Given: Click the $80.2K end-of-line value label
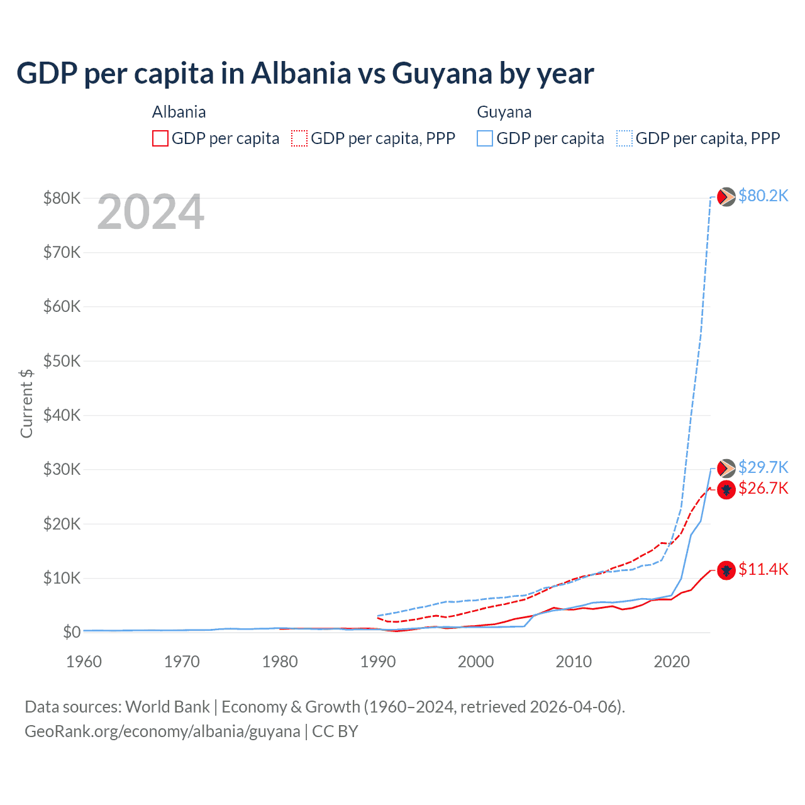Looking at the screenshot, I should pos(763,196).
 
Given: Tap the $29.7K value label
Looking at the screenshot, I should pos(763,467).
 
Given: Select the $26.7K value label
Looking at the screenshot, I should pos(763,489).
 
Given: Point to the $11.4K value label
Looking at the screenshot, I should pos(763,570).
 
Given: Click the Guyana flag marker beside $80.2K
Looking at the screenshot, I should pos(726,197).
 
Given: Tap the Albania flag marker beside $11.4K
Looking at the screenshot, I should pos(726,570).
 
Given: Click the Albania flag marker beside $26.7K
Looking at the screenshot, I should pos(726,489).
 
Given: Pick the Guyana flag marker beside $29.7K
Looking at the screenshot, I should pos(726,468).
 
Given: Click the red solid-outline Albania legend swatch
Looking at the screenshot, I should pos(160,138).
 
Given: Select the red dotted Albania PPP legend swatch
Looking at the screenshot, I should pos(299,138).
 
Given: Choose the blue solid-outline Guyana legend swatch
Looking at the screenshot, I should pos(485,138).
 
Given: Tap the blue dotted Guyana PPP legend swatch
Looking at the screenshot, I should pos(624,138).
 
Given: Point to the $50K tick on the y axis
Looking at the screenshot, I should pos(62,361).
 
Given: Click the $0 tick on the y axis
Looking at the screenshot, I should pos(72,632).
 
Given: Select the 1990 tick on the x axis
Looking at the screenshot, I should pos(378,662).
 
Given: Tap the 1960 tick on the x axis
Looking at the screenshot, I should pos(84,662).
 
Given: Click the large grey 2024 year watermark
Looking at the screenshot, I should pos(150,213).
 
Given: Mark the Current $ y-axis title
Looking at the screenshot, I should pos(26,403).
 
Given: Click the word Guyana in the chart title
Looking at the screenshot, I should pos(442,74).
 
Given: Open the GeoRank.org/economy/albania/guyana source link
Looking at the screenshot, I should pos(162,731).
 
